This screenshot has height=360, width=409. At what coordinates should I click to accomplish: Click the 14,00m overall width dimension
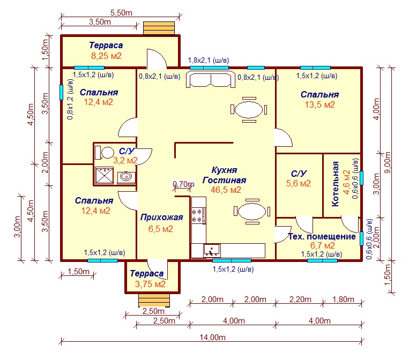[x=213, y=337]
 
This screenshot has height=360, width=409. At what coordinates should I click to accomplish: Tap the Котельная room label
[x=335, y=184]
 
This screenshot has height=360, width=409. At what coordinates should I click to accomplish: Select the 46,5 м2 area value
[x=226, y=190]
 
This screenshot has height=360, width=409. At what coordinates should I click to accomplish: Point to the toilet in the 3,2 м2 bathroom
[x=105, y=153]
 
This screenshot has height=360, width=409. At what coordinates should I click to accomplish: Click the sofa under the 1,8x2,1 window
[x=211, y=80]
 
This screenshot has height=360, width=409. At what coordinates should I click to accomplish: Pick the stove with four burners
[x=198, y=215]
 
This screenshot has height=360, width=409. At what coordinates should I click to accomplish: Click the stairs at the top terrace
[x=159, y=28]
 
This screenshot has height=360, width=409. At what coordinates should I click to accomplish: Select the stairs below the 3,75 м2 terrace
[x=154, y=301]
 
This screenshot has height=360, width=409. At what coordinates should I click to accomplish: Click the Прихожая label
[x=162, y=217]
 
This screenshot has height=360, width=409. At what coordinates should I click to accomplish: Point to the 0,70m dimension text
[x=184, y=184]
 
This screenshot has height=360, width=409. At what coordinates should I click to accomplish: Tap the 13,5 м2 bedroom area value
[x=320, y=105]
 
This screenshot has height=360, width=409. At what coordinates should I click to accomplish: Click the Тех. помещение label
[x=322, y=237]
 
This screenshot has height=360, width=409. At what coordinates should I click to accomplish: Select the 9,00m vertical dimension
[x=388, y=162]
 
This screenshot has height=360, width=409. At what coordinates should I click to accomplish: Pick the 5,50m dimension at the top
[x=121, y=12]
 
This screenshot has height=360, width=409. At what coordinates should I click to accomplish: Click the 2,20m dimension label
[x=300, y=299]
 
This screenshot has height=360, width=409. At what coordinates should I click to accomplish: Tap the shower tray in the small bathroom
[x=105, y=175]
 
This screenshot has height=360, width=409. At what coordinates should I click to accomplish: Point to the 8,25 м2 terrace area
[x=106, y=56]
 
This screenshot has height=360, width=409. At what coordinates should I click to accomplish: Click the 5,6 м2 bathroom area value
[x=299, y=183]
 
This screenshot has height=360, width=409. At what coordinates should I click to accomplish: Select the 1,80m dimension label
[x=343, y=299]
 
